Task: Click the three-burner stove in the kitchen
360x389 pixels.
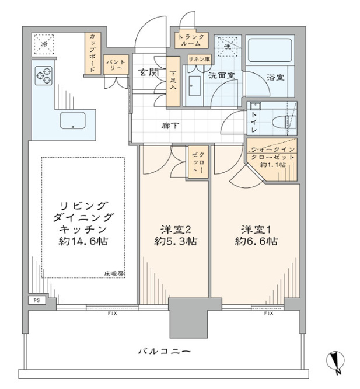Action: coord(44,76)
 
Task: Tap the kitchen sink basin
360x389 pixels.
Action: coord(72,120)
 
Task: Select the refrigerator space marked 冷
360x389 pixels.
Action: coord(44,44)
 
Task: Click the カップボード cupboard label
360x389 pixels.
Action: coord(92,53)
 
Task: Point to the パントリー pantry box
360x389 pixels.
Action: coord(116,64)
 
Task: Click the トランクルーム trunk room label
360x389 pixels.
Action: coord(191,40)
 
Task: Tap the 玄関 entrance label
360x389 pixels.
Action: coord(148,72)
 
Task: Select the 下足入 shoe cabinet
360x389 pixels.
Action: coord(173,82)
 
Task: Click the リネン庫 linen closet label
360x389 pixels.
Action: coord(200,60)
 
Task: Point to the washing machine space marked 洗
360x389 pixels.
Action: coord(228,46)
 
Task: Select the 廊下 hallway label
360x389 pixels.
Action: coord(170,126)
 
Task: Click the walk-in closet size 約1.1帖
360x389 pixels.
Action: coord(272,165)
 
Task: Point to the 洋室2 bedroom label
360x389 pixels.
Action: coord(176,230)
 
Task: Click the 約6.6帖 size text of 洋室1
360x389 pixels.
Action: coord(256,241)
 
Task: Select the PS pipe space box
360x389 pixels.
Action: coord(37,300)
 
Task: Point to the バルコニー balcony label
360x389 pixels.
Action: coord(165,352)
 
